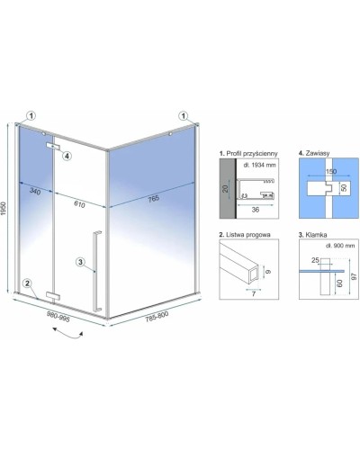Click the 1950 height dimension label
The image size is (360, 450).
tap(4, 208)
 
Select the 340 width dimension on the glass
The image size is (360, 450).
tap(35, 191)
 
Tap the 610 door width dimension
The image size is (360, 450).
tap(79, 204)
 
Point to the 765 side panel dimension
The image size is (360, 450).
tap(153, 198)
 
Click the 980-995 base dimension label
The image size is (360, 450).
tap(58, 316)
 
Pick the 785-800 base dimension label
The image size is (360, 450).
tap(157, 317)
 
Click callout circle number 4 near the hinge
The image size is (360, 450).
tap(67, 156)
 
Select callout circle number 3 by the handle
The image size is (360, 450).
tap(80, 262)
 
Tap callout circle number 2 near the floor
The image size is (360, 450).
tap(28, 283)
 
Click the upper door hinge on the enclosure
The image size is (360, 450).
tap(53, 146)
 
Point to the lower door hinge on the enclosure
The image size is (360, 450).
tap(53, 295)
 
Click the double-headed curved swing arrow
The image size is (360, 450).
tap(67, 334)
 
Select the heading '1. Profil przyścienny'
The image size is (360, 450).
tap(248, 153)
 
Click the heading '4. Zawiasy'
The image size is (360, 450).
tap(314, 153)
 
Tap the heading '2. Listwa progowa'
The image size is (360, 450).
tap(245, 235)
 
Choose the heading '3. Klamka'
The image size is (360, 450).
tap(312, 235)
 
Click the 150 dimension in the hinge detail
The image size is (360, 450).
tap(330, 171)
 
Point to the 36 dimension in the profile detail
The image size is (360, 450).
tap(256, 210)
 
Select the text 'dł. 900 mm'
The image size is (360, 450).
tap(340, 246)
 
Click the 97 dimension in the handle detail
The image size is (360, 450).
tap(355, 276)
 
